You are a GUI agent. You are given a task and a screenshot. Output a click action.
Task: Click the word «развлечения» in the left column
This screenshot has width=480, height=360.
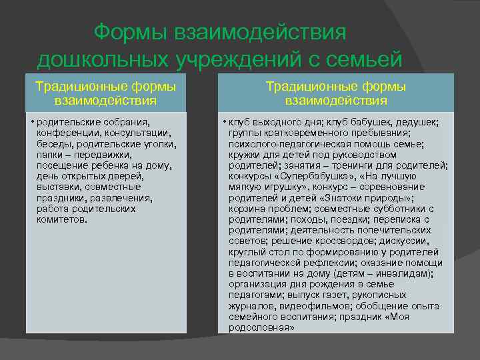(x=123, y=197)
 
